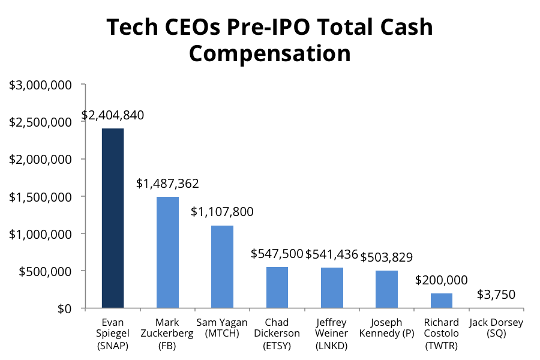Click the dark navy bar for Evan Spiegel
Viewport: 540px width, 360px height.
click(113, 218)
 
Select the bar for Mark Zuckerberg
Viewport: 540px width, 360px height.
click(167, 253)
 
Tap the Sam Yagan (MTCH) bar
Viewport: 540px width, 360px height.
click(222, 267)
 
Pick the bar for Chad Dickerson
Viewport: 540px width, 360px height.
click(277, 287)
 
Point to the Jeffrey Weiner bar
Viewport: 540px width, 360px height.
click(332, 288)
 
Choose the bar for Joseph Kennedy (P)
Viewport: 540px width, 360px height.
click(386, 289)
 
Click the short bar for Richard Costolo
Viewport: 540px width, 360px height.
click(441, 301)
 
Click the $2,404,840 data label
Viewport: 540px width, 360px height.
click(113, 115)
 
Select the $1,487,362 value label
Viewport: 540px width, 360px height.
click(167, 184)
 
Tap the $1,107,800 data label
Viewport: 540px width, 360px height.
click(222, 212)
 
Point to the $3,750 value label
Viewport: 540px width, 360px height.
click(496, 295)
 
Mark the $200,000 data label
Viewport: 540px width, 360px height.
click(441, 280)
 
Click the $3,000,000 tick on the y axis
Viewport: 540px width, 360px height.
click(40, 85)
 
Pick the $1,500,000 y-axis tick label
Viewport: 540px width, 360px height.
click(40, 196)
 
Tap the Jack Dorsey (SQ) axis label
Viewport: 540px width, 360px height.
click(496, 328)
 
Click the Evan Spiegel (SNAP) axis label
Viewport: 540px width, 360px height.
click(113, 334)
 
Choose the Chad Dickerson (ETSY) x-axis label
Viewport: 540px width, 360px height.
click(277, 334)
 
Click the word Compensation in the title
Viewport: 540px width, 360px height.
click(269, 53)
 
